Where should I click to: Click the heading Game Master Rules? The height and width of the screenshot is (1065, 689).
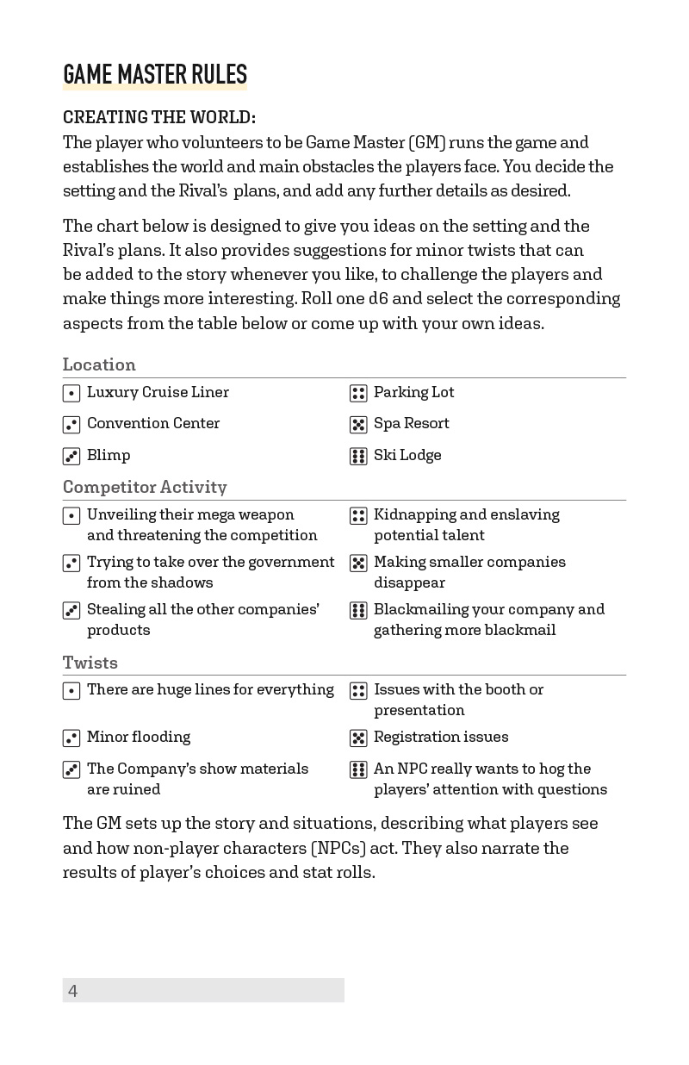[x=155, y=75]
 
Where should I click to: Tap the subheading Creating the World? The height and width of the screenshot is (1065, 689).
[x=159, y=117]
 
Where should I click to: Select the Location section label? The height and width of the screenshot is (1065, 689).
[x=99, y=364]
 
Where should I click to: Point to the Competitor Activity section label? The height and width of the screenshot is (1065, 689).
[x=145, y=487]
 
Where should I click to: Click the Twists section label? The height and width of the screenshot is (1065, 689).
[x=90, y=663]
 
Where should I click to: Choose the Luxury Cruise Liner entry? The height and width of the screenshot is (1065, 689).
[x=158, y=392]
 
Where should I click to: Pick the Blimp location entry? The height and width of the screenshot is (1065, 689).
[x=109, y=455]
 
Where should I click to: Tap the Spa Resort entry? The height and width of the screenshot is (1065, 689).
[x=411, y=423]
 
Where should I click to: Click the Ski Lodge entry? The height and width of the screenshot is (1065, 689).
[x=407, y=455]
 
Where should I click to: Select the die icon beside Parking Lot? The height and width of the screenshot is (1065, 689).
[x=358, y=394]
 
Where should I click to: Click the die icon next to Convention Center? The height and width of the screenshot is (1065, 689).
[x=71, y=425]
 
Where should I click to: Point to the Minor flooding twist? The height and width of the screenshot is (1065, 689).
[x=139, y=737]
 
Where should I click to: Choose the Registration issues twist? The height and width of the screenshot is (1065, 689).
[x=441, y=737]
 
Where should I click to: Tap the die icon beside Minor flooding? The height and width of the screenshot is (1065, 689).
[x=71, y=738]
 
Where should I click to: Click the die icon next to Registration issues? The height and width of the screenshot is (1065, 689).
[x=358, y=738]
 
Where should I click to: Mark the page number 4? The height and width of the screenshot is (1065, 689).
[x=73, y=991]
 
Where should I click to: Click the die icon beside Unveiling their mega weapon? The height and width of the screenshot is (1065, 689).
[x=71, y=516]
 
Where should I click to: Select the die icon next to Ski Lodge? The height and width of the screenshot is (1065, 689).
[x=358, y=457]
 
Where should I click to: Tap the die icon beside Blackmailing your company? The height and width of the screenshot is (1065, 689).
[x=358, y=611]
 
